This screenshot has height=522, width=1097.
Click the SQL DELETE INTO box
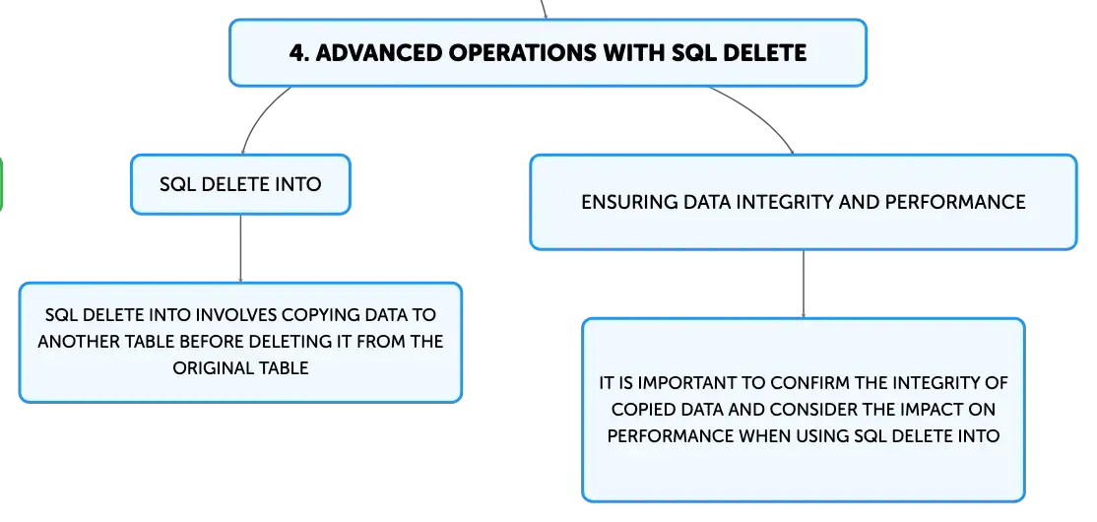click(240, 184)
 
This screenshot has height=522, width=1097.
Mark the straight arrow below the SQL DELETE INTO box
click(240, 248)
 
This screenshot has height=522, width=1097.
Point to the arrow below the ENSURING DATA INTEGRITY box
click(804, 284)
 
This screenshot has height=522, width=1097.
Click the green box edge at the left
click(1, 183)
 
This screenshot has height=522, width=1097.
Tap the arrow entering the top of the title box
click(543, 10)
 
